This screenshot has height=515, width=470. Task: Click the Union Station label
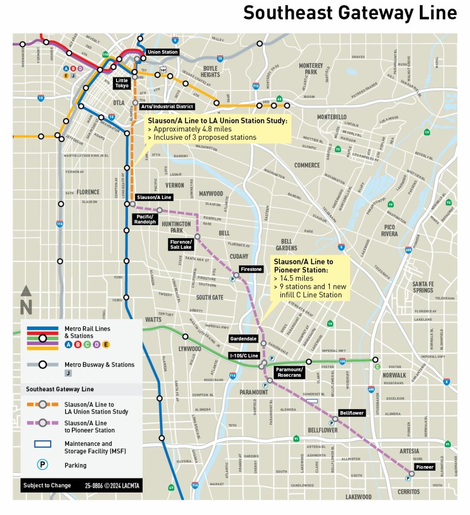tap(162, 52)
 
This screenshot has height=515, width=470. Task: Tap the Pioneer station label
tap(425, 467)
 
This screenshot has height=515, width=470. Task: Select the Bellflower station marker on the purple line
tap(335, 419)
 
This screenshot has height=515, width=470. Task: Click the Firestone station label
tap(251, 269)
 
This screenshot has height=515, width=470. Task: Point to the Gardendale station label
tap(243, 339)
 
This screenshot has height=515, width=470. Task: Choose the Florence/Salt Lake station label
tap(181, 244)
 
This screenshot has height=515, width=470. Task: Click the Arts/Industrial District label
tap(167, 106)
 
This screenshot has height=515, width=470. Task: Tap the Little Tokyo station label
tap(122, 83)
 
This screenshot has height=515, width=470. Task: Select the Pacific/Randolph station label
tap(145, 219)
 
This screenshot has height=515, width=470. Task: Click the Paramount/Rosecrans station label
tap(289, 372)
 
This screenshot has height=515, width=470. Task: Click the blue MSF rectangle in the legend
tap(43, 444)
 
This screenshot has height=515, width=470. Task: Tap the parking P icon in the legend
tap(43, 465)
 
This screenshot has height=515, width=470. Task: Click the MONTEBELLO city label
tap(331, 117)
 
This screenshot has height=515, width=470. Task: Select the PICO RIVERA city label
tap(389, 231)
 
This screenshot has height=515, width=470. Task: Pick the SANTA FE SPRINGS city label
tap(423, 287)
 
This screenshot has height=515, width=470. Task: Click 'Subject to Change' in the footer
tap(47, 485)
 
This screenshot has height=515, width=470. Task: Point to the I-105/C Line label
tap(244, 356)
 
